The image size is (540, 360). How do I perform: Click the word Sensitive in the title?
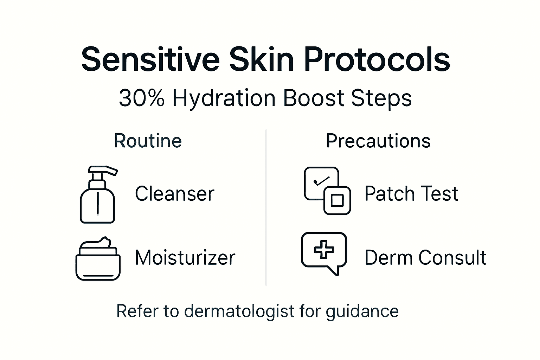pos(150,59)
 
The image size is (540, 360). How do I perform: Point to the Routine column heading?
pos(148,141)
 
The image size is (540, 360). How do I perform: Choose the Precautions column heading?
pos(378,141)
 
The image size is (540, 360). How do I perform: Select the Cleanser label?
pos(174,194)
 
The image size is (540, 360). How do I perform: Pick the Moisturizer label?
pos(185,257)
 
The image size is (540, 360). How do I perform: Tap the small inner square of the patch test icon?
pos(337,200)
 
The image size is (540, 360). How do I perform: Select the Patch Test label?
pos(411,194)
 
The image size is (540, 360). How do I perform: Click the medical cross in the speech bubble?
pos(324,250)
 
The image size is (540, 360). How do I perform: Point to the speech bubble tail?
pos(334,271)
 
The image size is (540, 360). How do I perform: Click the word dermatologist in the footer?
pos(239,311)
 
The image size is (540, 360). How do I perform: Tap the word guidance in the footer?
pos(362,311)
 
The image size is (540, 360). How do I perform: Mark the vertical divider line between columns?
pos(266,207)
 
